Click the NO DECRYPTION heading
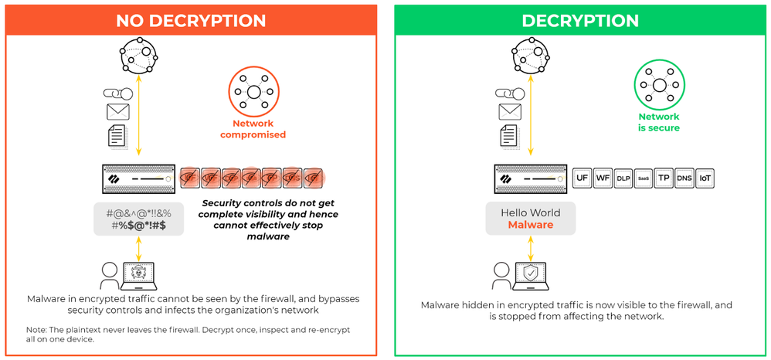click(190, 20)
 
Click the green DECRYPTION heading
click(580, 20)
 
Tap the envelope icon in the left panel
click(117, 112)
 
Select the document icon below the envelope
click(117, 136)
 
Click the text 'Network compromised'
click(253, 129)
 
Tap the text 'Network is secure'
click(658, 122)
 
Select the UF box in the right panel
click(582, 178)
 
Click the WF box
click(603, 178)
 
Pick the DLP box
click(623, 178)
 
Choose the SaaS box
click(644, 178)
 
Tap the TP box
click(664, 178)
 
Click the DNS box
click(684, 178)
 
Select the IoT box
click(705, 178)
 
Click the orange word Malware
click(530, 225)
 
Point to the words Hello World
click(530, 212)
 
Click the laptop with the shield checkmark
click(531, 274)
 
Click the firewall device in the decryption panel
click(530, 178)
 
